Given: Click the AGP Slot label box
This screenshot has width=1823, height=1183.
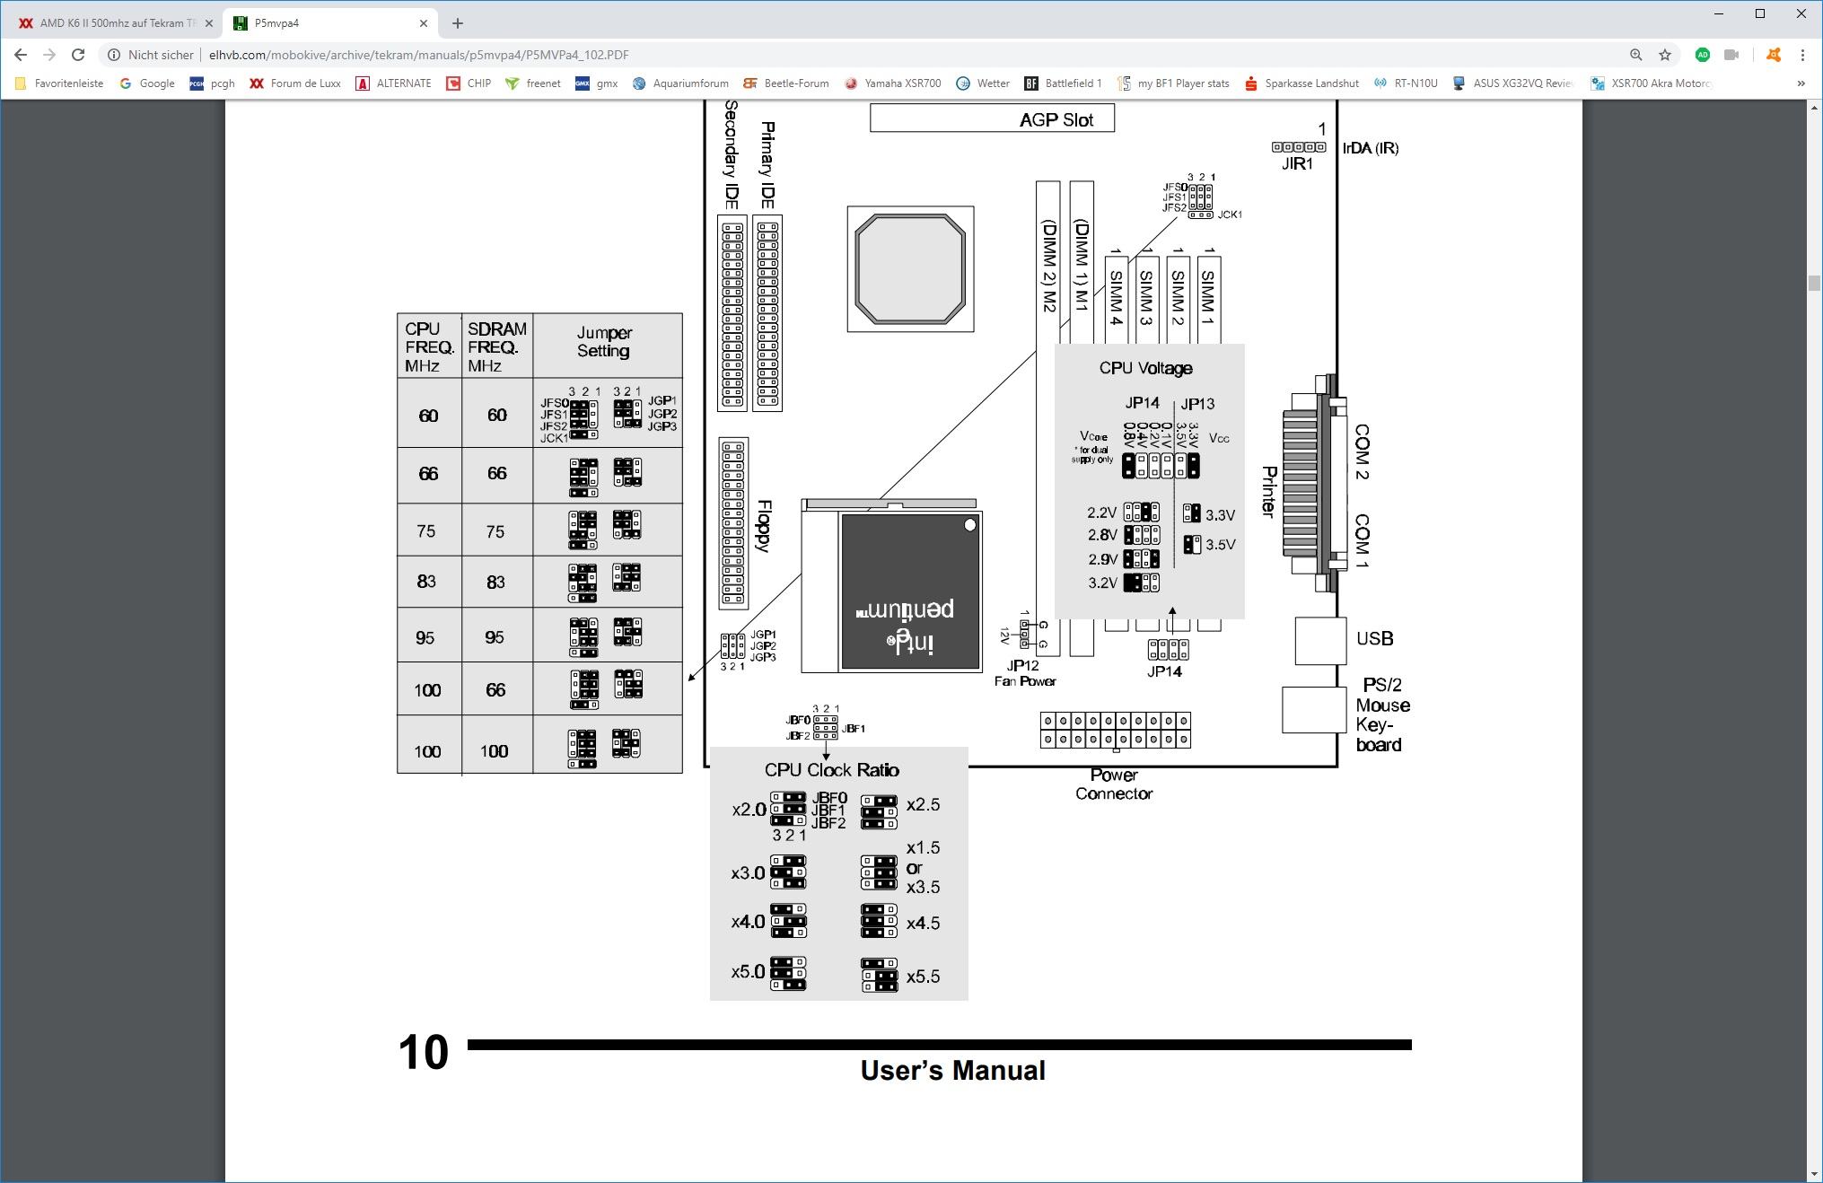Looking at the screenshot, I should [992, 118].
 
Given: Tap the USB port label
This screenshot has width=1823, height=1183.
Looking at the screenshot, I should [1374, 638].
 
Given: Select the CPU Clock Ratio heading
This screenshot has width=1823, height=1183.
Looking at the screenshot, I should [831, 770].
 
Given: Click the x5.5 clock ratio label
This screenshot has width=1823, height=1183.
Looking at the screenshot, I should [923, 977].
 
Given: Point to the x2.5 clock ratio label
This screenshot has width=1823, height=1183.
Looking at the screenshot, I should [923, 805].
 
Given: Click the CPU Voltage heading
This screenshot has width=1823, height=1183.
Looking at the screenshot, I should [1145, 368].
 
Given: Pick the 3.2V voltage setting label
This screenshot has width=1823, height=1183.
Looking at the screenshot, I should [1102, 583].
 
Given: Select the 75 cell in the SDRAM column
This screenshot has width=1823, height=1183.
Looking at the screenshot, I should [495, 531].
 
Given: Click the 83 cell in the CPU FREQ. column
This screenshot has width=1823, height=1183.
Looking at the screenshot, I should [426, 582].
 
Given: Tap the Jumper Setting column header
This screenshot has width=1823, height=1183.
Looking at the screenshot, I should [604, 342].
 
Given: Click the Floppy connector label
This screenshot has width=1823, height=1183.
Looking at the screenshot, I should [764, 526].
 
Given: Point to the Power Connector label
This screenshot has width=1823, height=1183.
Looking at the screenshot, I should [1114, 784].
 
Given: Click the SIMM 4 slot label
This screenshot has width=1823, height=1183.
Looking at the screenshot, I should [1116, 297].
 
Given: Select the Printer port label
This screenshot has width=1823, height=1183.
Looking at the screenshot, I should [1269, 492].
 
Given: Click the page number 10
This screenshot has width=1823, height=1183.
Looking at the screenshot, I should [423, 1052].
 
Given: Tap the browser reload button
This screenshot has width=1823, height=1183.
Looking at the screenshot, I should [78, 55].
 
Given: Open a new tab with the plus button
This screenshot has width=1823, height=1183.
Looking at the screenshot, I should [458, 23].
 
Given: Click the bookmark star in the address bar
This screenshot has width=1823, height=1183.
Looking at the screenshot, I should [1665, 55].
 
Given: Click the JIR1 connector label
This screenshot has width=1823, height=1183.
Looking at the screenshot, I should [1297, 164].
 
